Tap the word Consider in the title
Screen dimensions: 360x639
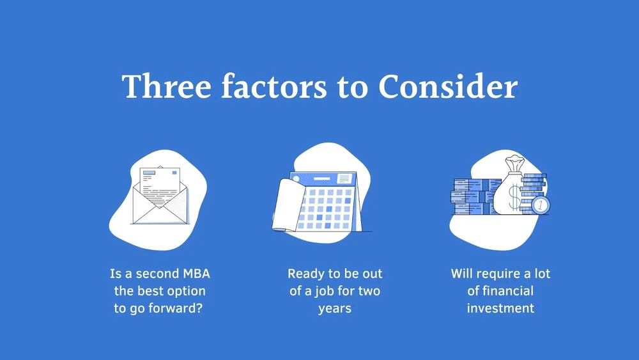(447, 87)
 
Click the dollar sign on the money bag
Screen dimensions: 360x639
(515, 198)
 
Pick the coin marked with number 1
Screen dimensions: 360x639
(541, 205)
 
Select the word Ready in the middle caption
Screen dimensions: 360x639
(305, 274)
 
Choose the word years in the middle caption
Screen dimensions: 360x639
(335, 308)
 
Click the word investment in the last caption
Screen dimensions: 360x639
(500, 308)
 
